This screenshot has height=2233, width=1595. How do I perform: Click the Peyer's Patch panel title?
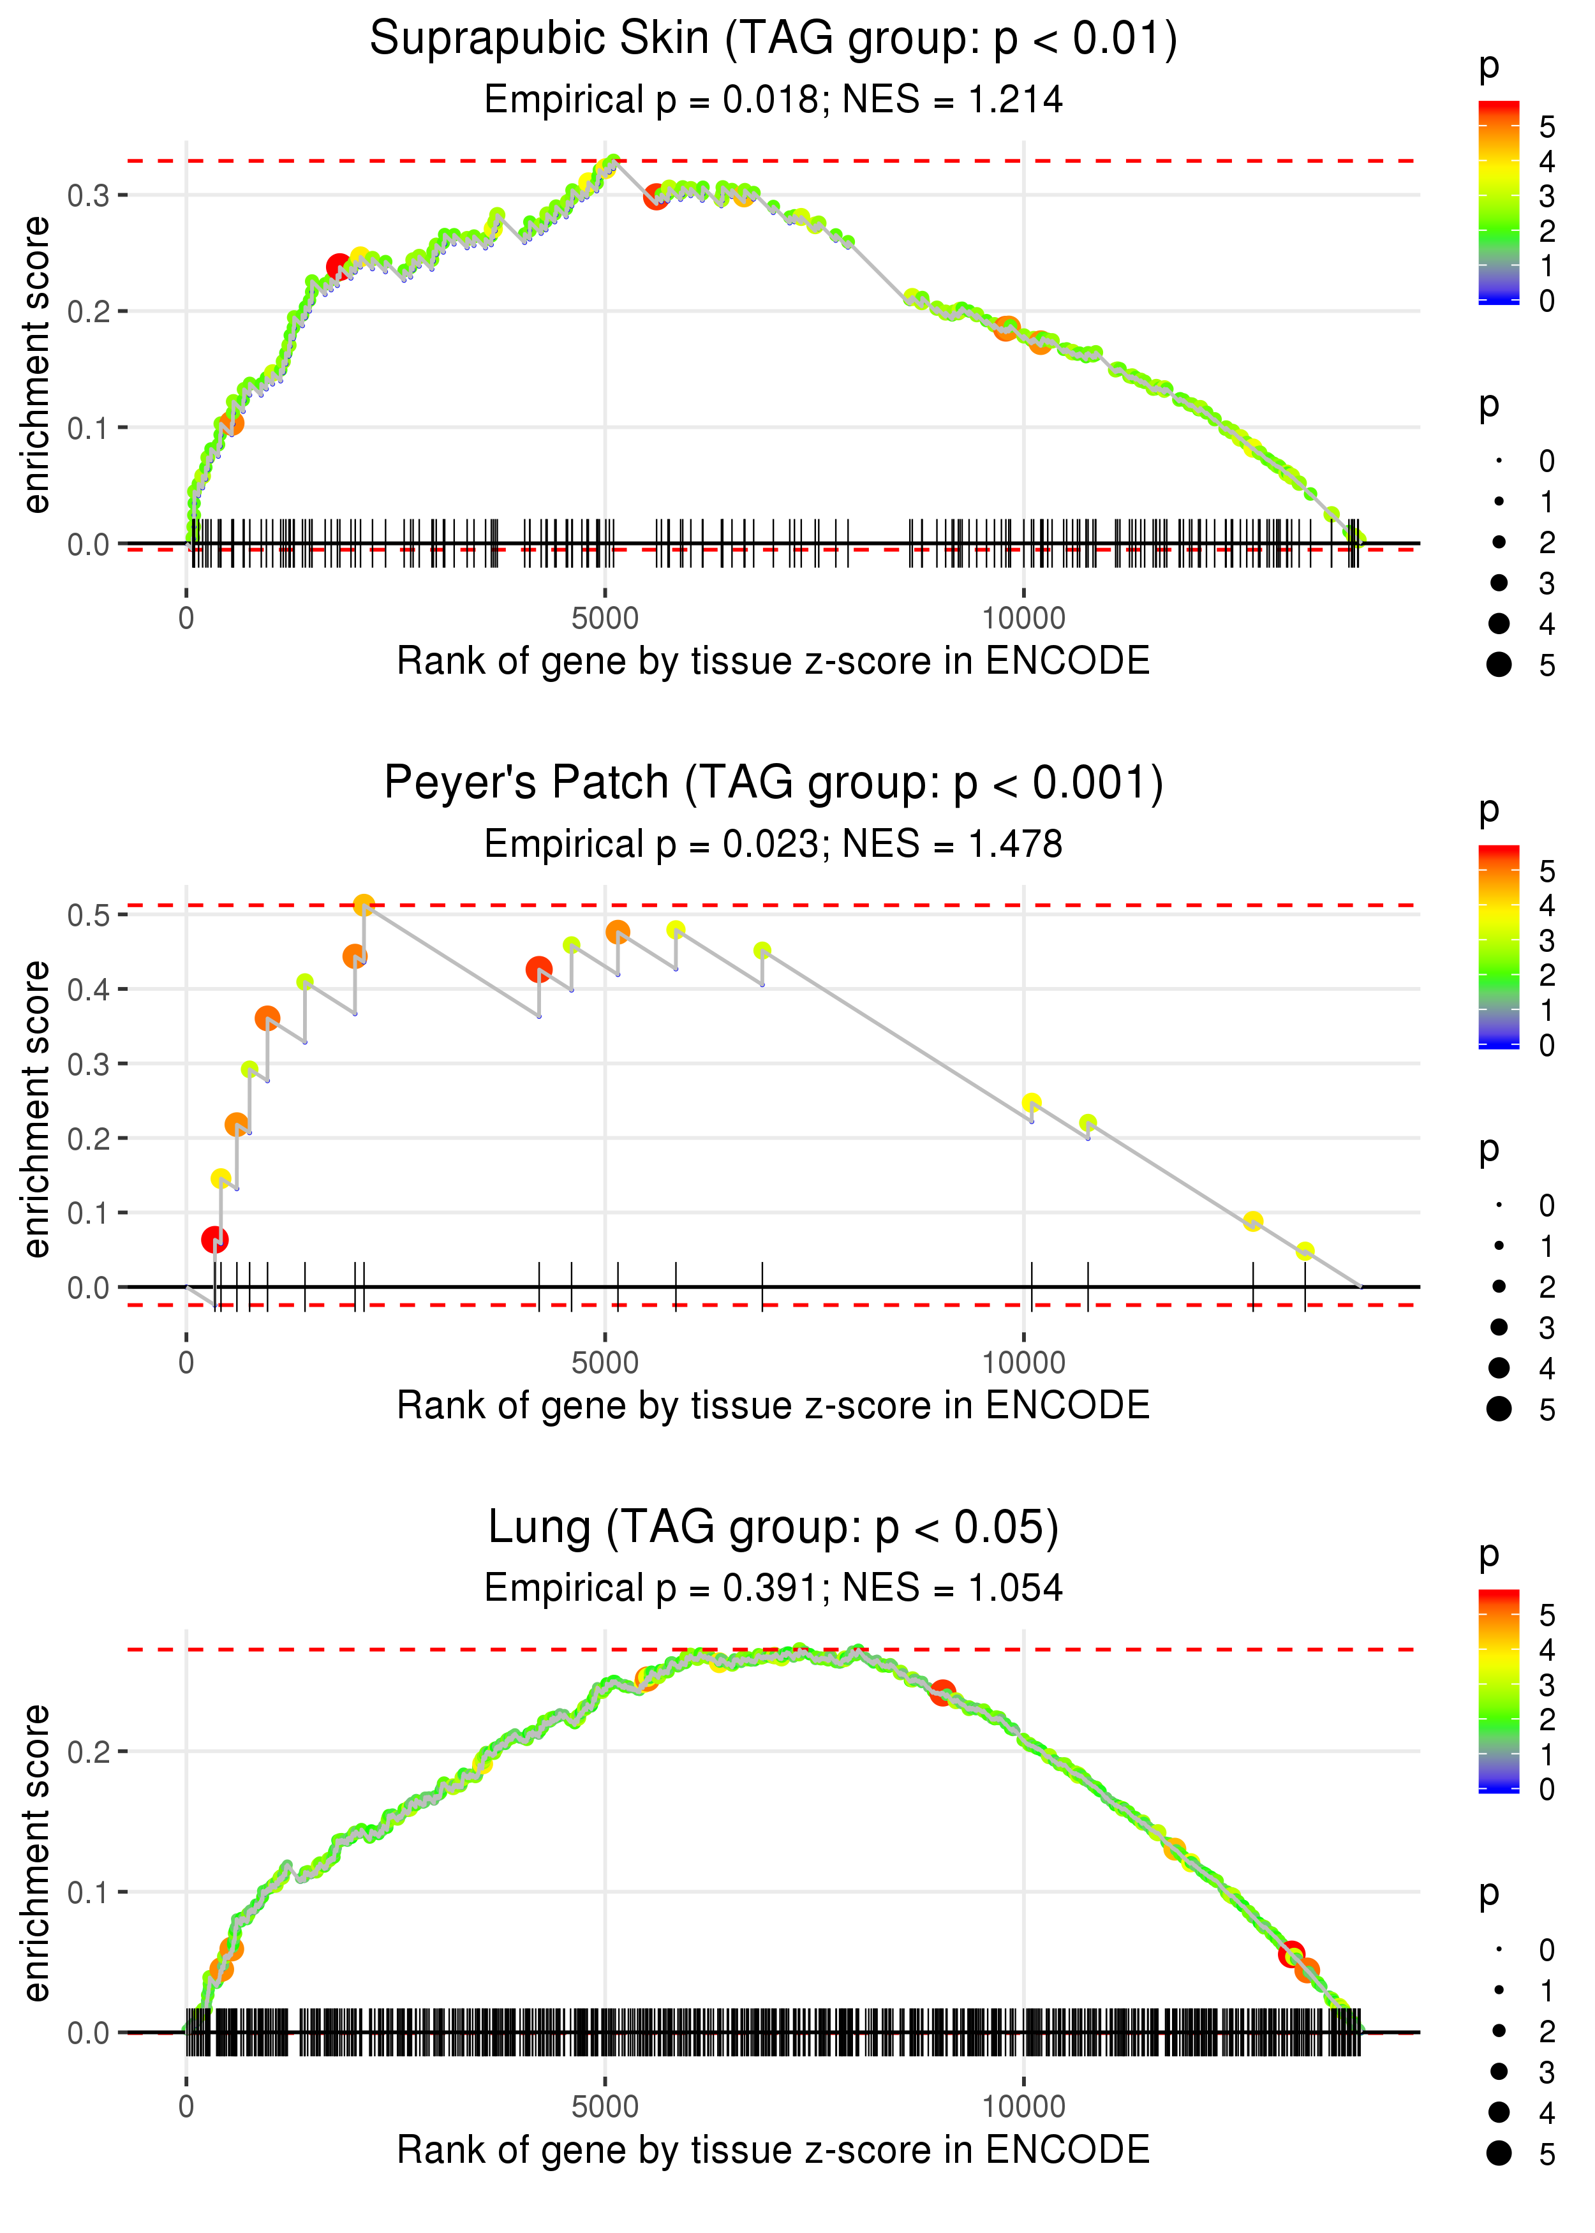click(x=773, y=783)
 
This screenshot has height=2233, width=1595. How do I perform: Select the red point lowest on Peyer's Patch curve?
click(x=215, y=1240)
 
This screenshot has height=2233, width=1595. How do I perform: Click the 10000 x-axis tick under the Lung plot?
click(x=1023, y=2106)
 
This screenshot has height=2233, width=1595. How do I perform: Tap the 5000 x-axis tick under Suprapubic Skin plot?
click(x=605, y=619)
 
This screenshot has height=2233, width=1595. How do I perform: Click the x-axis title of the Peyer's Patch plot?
click(x=773, y=1406)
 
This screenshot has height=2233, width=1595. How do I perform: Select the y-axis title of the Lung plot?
click(x=36, y=1853)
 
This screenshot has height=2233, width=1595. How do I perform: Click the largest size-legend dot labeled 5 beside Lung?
click(x=1499, y=2153)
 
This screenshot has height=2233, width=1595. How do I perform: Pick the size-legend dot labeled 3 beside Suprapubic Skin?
click(x=1499, y=583)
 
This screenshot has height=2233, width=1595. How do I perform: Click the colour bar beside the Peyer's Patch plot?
click(x=1499, y=946)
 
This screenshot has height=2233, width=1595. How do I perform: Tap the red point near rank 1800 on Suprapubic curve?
click(x=339, y=266)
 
